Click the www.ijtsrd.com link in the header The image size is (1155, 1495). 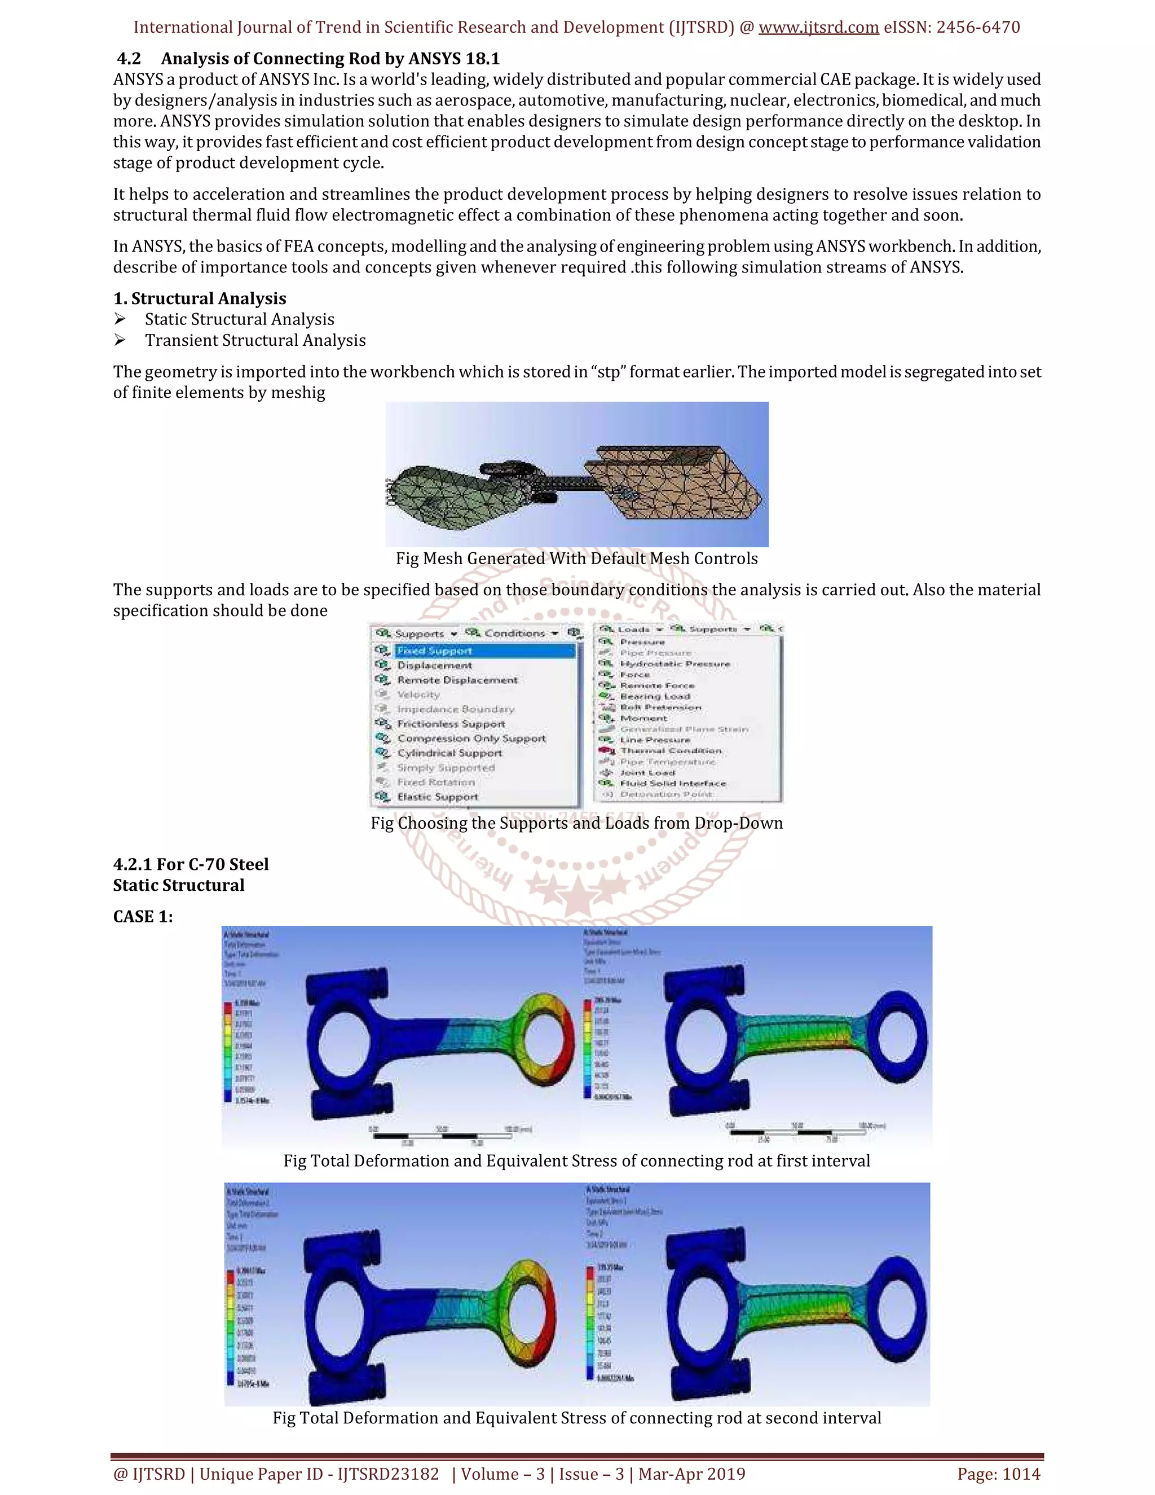(x=818, y=28)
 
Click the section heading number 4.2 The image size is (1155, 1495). (x=129, y=59)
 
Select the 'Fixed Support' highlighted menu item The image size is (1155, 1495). (x=434, y=651)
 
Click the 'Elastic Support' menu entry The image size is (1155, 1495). (x=437, y=797)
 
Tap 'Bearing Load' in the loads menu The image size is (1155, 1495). (x=655, y=696)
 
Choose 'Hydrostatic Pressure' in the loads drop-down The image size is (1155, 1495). (x=675, y=664)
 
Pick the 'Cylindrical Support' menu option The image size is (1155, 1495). (x=449, y=753)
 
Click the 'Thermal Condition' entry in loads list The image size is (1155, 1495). (x=671, y=751)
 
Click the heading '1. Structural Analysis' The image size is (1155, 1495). (x=199, y=298)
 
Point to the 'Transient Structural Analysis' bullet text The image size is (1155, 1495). (x=255, y=340)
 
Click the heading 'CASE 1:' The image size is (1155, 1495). (x=143, y=917)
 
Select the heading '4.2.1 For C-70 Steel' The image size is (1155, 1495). (x=191, y=864)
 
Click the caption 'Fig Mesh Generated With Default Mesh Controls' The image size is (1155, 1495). (x=576, y=559)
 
